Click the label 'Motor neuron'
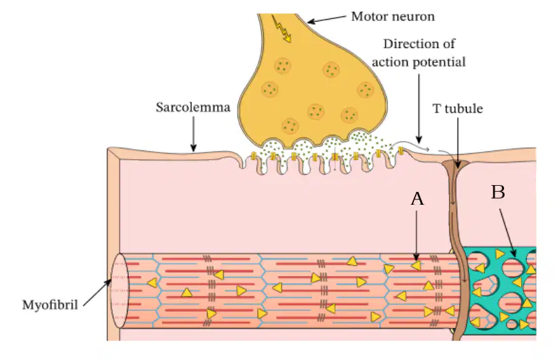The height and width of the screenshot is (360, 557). pos(393,17)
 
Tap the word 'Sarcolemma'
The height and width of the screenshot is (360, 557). pos(193,107)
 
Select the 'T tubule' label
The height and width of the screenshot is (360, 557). pos(457,108)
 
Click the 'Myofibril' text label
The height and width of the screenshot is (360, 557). pos(50,305)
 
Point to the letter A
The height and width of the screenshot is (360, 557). pos(417,199)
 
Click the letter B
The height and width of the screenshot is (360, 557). pos(498,192)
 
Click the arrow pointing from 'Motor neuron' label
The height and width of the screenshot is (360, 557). pos(326,20)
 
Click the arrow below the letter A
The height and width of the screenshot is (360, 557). pos(417,235)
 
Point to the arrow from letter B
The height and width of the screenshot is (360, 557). pos(507,233)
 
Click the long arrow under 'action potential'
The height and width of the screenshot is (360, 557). pos(419,108)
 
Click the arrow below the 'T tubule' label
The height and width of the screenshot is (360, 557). pos(457,142)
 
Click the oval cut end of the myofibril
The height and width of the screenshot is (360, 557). pos(119,291)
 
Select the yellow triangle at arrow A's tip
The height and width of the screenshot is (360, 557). pos(416,266)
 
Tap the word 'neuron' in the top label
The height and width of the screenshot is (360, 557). pos(415,17)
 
